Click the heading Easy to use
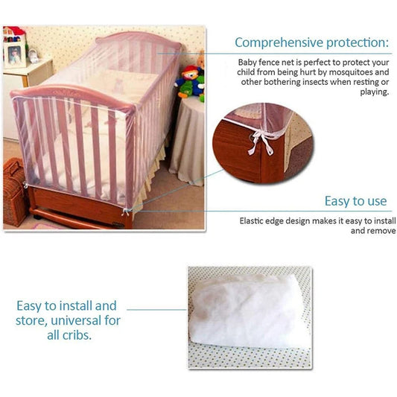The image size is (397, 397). (355, 200)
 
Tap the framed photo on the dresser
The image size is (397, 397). (14, 54)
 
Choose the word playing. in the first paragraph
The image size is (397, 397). (374, 93)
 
